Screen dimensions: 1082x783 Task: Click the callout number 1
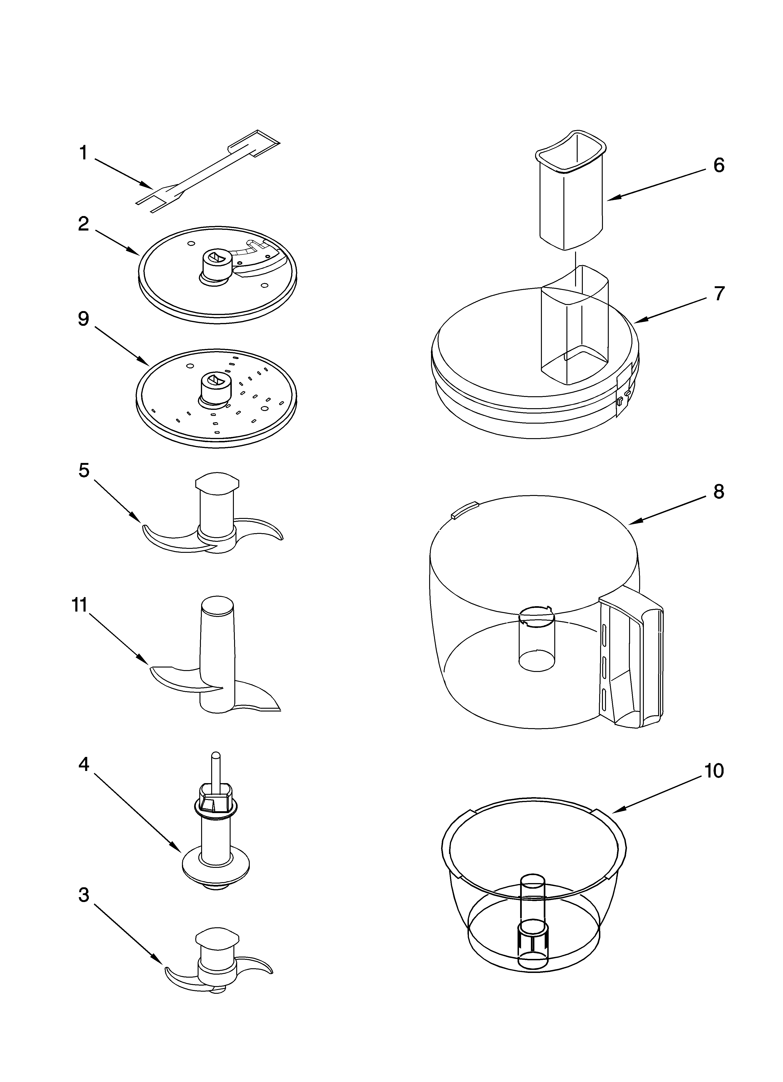83,153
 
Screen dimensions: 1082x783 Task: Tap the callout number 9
83,319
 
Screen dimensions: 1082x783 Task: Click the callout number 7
719,293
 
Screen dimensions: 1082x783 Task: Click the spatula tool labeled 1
205,172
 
